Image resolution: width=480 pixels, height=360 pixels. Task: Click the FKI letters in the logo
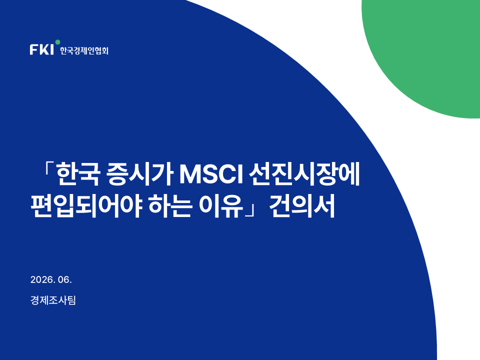point(41,49)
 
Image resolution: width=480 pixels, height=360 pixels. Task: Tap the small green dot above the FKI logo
point(57,42)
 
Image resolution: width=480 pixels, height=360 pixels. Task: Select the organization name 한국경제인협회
point(84,50)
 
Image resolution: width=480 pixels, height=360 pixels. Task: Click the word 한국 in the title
point(78,175)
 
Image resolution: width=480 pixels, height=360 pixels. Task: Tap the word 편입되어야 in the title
point(86,206)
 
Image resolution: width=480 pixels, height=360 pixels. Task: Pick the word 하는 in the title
point(170,206)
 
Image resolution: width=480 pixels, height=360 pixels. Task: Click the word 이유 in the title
point(221,206)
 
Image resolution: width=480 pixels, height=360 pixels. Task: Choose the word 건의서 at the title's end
point(302,206)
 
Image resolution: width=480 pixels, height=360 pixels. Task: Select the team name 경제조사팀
point(53,300)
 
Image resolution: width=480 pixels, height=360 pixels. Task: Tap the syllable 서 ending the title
point(324,206)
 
